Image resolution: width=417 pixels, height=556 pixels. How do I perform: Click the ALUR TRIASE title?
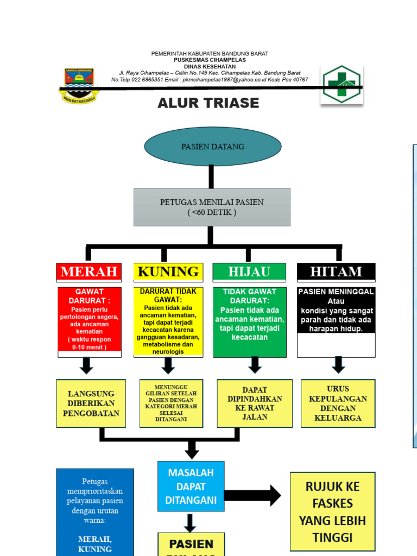(208, 103)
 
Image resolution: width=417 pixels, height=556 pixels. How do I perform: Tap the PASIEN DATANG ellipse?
(212, 147)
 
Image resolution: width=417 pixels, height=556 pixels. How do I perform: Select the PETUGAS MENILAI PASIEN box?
(212, 207)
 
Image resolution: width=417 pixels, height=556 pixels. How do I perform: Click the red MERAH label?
(89, 272)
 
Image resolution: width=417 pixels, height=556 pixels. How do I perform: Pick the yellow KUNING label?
(168, 272)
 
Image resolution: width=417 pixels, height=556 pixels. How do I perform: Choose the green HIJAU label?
(249, 272)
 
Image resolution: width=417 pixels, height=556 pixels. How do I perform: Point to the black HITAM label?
(336, 272)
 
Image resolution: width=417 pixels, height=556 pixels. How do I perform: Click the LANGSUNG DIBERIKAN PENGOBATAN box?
(91, 403)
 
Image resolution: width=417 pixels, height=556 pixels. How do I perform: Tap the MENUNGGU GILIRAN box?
(171, 403)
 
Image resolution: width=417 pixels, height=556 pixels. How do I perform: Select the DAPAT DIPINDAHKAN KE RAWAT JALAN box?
(255, 403)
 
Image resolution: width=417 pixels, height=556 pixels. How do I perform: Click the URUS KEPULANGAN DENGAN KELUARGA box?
(338, 403)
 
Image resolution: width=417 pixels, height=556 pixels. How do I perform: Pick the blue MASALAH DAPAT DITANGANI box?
(191, 486)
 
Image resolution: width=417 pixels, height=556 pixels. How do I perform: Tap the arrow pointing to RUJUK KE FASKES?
(252, 495)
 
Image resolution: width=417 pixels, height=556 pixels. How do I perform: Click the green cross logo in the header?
(342, 85)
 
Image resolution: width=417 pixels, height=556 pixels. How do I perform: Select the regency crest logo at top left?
(79, 85)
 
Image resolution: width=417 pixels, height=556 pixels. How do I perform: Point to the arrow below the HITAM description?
(338, 365)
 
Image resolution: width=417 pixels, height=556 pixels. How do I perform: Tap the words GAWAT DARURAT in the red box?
(90, 296)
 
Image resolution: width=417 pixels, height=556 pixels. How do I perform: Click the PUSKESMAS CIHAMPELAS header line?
(210, 60)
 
